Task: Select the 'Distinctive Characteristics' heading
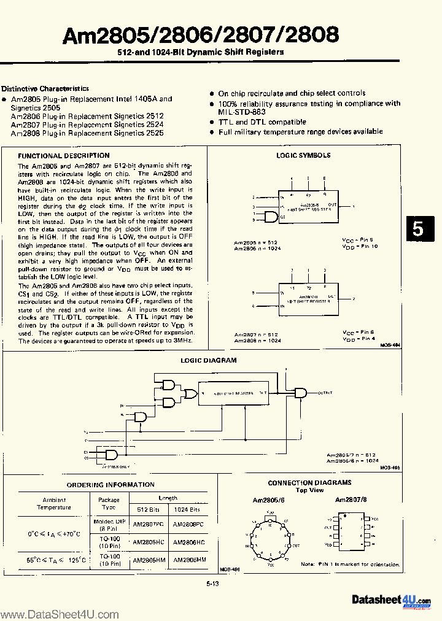[x=45, y=89]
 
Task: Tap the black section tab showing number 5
[x=418, y=228]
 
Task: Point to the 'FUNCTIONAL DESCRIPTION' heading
[x=64, y=156]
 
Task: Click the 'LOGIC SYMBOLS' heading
[x=303, y=156]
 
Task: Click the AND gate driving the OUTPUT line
[x=301, y=393]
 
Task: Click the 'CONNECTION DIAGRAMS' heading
[x=309, y=483]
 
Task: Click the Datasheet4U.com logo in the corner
[x=391, y=600]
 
